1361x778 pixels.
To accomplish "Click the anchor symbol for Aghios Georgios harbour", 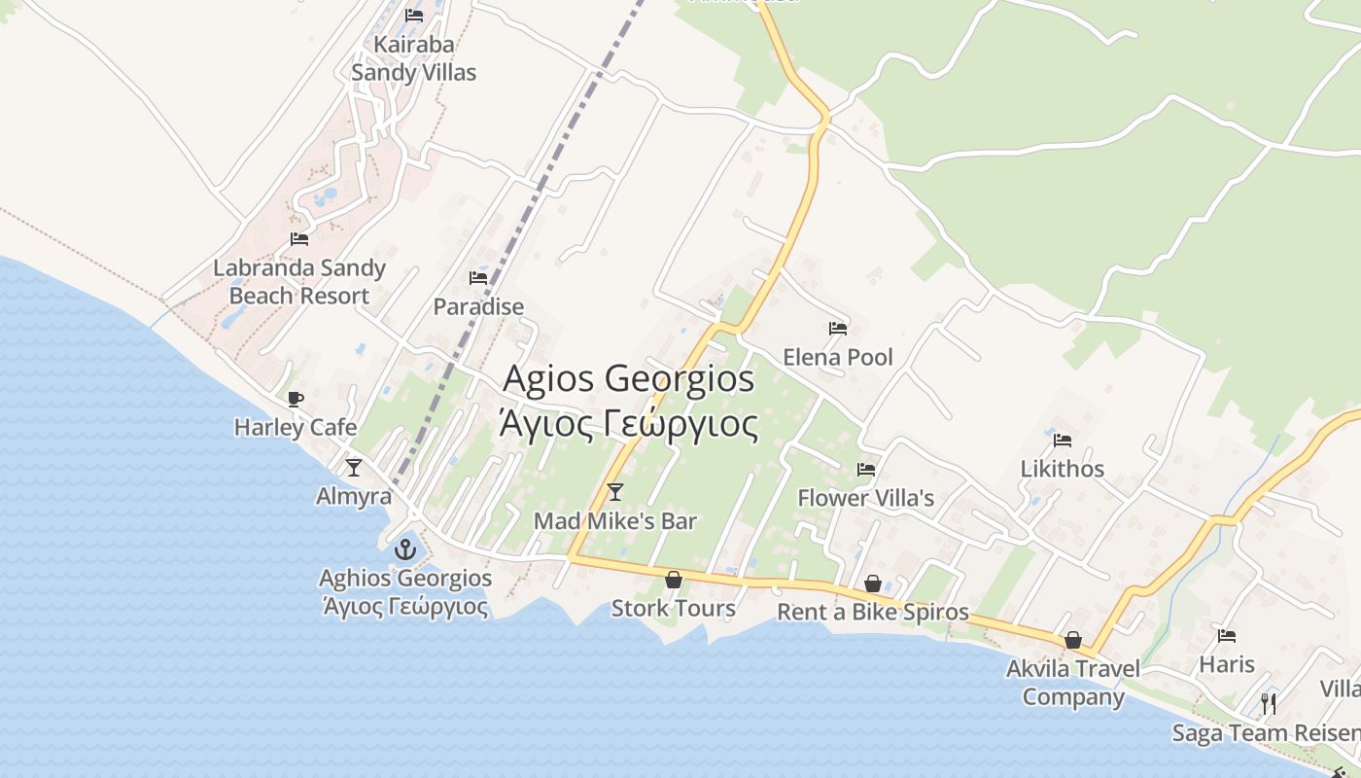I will pyautogui.click(x=404, y=549).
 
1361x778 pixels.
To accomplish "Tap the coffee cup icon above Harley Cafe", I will pyautogui.click(x=296, y=399).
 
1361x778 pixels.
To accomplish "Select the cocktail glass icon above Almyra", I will pyautogui.click(x=354, y=468).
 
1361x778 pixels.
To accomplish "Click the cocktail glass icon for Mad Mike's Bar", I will pyautogui.click(x=614, y=492).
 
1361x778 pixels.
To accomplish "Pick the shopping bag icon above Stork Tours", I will pyautogui.click(x=673, y=581).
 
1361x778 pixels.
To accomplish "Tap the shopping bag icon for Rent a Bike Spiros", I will pyautogui.click(x=873, y=583).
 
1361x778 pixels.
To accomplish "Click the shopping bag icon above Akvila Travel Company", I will pyautogui.click(x=1073, y=640).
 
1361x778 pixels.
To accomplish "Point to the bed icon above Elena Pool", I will pyautogui.click(x=838, y=329).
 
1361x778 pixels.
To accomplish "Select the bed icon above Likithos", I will pyautogui.click(x=1062, y=441).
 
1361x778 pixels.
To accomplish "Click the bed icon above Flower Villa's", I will pyautogui.click(x=865, y=470).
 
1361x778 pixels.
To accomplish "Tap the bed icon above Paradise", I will pyautogui.click(x=478, y=278).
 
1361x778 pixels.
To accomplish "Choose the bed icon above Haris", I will pyautogui.click(x=1227, y=636).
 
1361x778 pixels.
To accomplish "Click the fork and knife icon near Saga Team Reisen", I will pyautogui.click(x=1269, y=703).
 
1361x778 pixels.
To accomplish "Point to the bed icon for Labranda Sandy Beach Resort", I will pyautogui.click(x=299, y=239).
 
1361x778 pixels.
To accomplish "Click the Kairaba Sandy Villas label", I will pyautogui.click(x=414, y=58).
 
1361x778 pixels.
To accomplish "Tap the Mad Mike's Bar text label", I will pyautogui.click(x=615, y=521).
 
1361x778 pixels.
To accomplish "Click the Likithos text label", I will pyautogui.click(x=1062, y=469).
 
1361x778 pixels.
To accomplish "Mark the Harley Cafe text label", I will pyautogui.click(x=296, y=427).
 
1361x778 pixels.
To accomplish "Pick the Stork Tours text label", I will pyautogui.click(x=673, y=609).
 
